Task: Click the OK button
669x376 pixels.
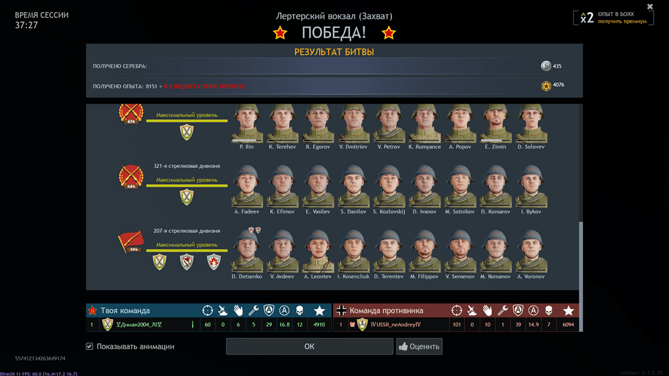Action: (309, 347)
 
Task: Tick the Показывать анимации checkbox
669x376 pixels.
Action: (90, 347)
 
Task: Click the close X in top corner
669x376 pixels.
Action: (650, 7)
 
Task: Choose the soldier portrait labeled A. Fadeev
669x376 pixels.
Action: (247, 187)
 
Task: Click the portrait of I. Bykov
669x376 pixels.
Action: (531, 187)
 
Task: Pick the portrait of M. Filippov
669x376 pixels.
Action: (424, 252)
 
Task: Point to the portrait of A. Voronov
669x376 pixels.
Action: (531, 252)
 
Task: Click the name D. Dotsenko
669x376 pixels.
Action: (247, 276)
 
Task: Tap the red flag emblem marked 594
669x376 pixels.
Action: (131, 242)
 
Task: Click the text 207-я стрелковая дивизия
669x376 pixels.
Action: (187, 231)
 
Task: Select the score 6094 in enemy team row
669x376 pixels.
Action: (568, 325)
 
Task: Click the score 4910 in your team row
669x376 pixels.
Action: (319, 325)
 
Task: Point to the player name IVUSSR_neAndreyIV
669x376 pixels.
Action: (395, 325)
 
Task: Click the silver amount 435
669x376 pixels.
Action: (557, 66)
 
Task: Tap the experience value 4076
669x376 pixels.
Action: (559, 85)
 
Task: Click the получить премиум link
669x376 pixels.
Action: (622, 21)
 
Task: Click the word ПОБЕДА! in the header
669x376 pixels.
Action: (334, 33)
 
